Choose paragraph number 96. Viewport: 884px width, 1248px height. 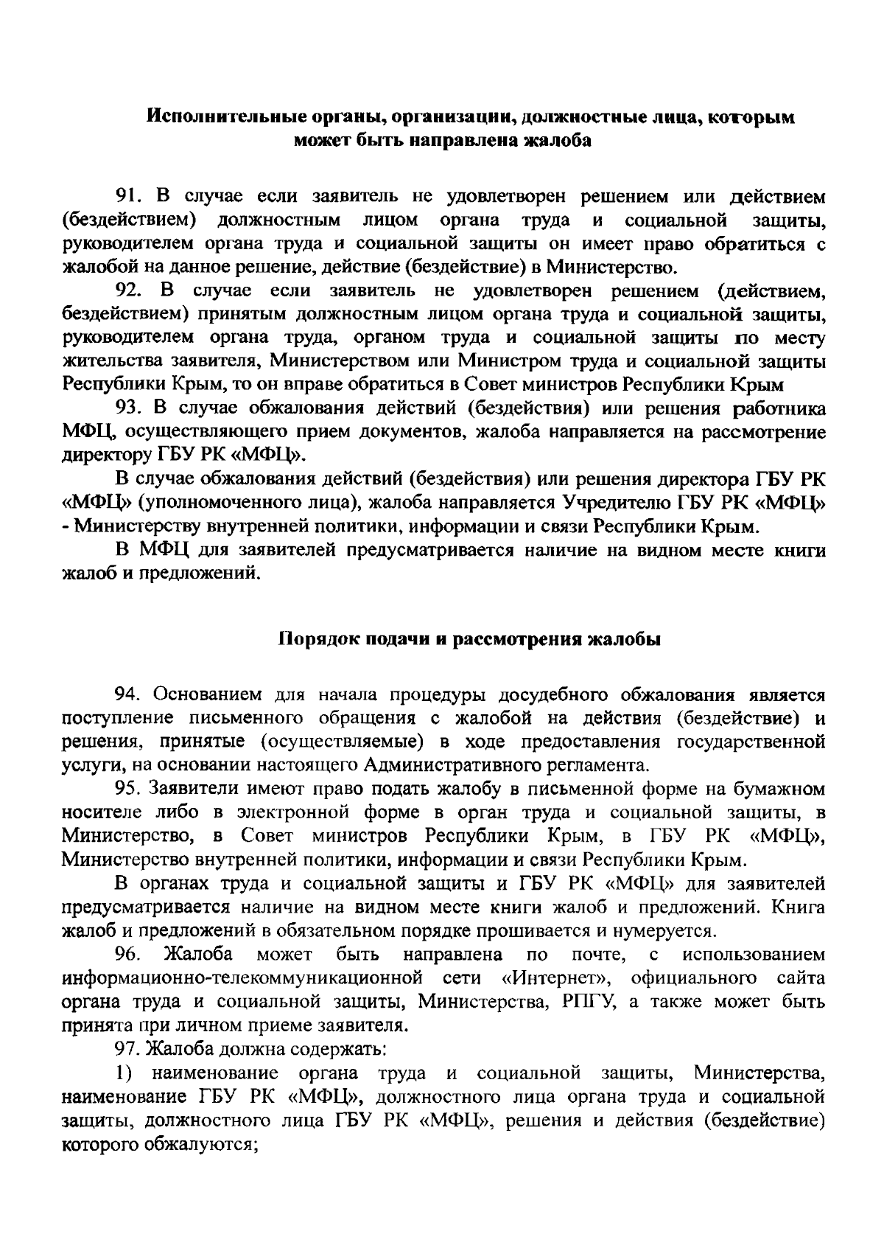[x=126, y=955]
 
